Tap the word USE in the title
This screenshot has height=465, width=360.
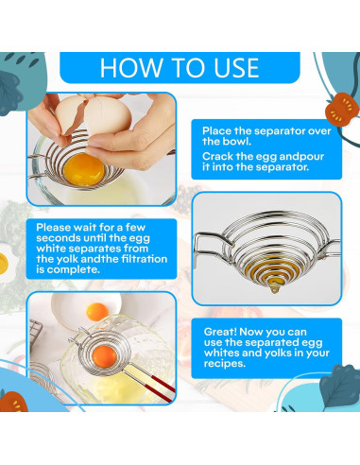(236, 67)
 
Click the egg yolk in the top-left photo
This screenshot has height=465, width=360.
(84, 170)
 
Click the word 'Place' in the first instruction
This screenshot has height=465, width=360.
(216, 130)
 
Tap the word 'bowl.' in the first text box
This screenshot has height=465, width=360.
(237, 141)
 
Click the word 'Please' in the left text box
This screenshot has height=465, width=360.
(53, 227)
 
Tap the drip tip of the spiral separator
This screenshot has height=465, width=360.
(274, 289)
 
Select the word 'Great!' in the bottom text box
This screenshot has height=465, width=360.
(220, 332)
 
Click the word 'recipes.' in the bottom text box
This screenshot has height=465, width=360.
(225, 363)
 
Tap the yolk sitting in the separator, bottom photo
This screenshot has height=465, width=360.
(105, 357)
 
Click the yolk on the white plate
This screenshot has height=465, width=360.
(97, 312)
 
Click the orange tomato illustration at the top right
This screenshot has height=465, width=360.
(342, 110)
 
